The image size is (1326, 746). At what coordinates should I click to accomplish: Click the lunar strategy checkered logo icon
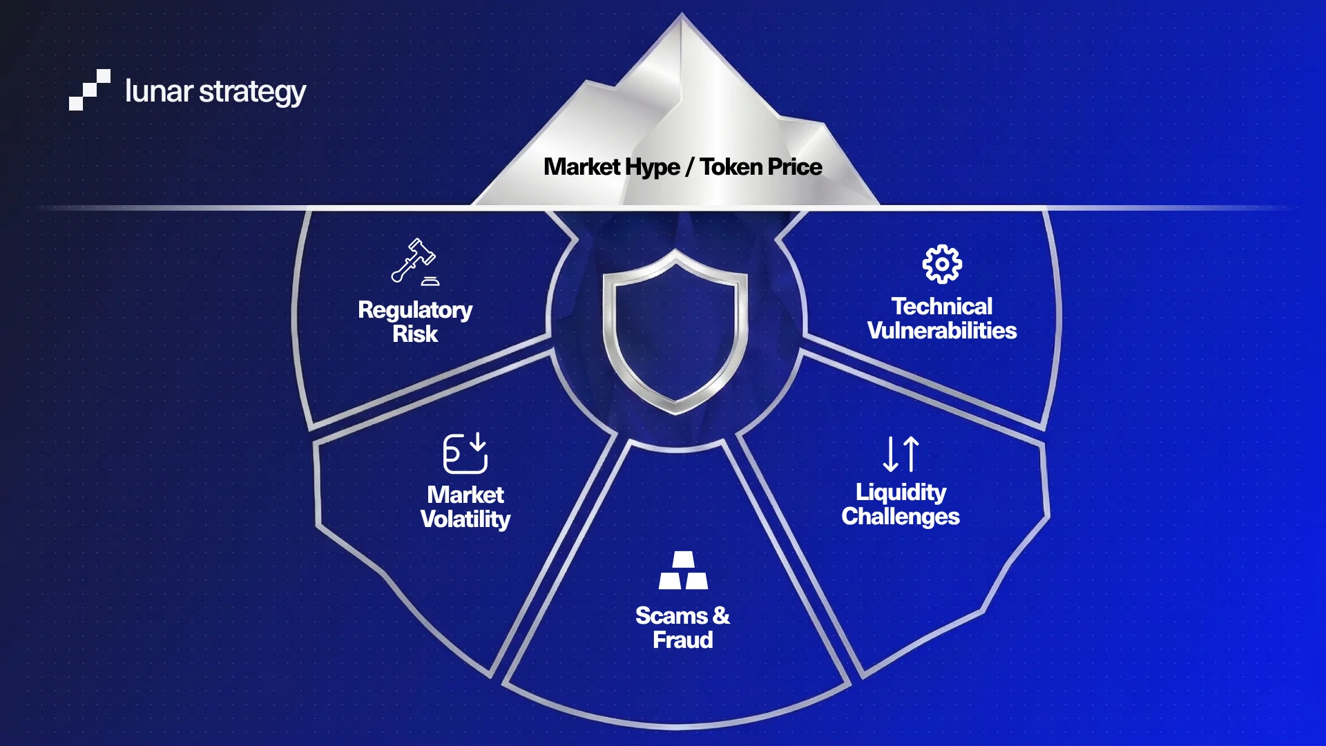click(x=89, y=90)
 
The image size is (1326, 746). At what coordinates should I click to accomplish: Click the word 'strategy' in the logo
click(x=252, y=92)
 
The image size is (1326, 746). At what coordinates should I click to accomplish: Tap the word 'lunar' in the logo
click(x=158, y=91)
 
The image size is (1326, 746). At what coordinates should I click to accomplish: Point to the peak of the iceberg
click(x=681, y=17)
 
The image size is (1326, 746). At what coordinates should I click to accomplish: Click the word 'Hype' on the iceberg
click(x=652, y=167)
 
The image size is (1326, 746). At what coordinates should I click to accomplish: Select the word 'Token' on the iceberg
click(x=731, y=166)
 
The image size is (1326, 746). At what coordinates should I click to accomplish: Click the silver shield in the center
click(x=675, y=332)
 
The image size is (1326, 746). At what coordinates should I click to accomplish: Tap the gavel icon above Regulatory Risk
click(x=414, y=261)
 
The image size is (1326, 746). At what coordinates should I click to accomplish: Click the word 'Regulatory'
click(x=415, y=310)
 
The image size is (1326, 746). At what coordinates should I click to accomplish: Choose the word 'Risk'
click(x=415, y=334)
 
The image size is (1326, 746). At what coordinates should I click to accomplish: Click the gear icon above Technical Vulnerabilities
click(x=942, y=264)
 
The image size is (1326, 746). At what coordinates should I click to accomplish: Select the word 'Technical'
click(x=941, y=306)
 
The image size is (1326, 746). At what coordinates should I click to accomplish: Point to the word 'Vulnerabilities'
click(x=941, y=331)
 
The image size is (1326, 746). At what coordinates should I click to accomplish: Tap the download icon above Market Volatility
click(x=465, y=453)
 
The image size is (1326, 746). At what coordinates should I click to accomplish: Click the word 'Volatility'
click(x=465, y=519)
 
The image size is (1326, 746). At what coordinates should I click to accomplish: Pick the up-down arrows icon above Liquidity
click(x=901, y=454)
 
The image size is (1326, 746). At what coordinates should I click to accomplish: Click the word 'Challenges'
click(x=900, y=517)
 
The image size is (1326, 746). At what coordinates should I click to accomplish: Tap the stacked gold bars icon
click(x=683, y=570)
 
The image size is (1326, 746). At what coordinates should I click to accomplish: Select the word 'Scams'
click(x=671, y=615)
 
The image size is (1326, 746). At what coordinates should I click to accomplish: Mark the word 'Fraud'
click(x=683, y=640)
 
